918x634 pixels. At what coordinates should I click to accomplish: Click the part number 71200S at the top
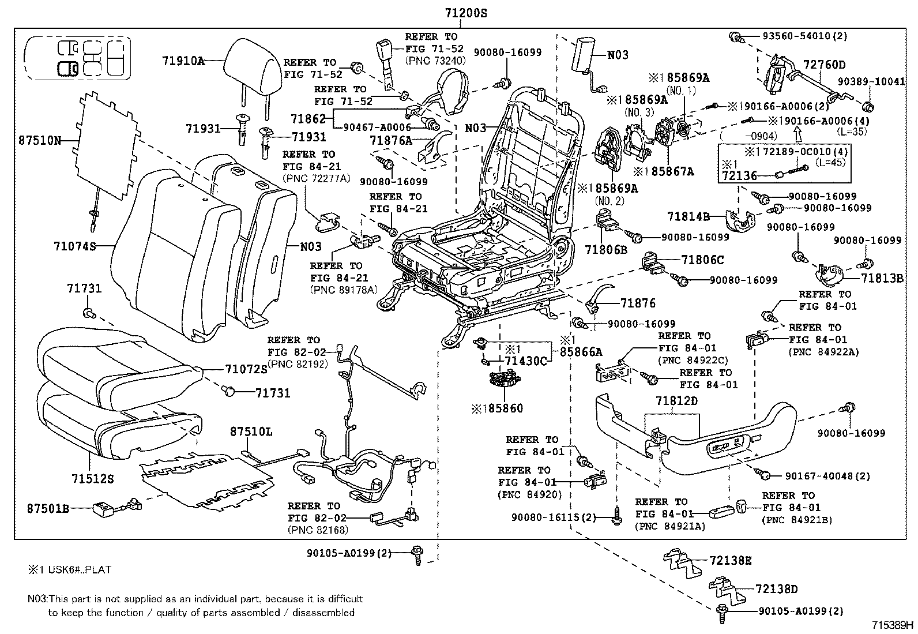pyautogui.click(x=466, y=12)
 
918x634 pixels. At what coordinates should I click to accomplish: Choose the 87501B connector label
pyautogui.click(x=48, y=508)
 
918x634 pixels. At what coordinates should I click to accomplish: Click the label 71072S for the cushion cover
pyautogui.click(x=246, y=369)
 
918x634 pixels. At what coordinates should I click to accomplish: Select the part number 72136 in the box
pyautogui.click(x=739, y=175)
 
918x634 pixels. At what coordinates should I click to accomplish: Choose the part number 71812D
pyautogui.click(x=676, y=400)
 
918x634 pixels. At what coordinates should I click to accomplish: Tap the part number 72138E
pyautogui.click(x=731, y=561)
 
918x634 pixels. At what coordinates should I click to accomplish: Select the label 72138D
pyautogui.click(x=777, y=589)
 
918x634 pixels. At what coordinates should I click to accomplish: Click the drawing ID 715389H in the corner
pyautogui.click(x=893, y=625)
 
